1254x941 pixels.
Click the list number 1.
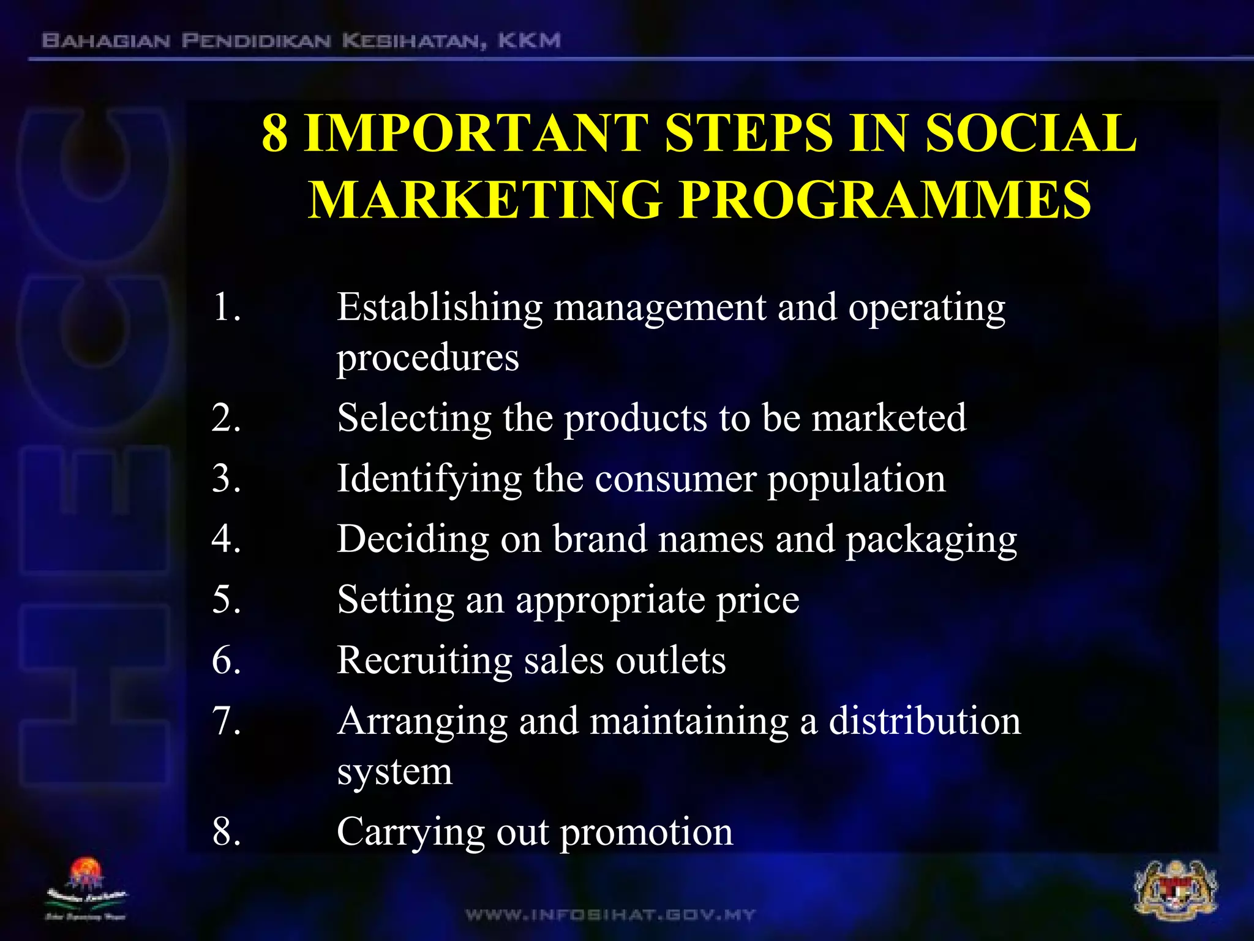(x=226, y=307)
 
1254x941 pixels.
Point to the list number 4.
(x=226, y=539)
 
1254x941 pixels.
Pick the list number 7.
(x=226, y=720)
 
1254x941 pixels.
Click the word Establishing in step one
(x=440, y=308)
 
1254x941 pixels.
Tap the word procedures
(x=427, y=358)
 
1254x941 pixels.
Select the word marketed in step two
(x=889, y=418)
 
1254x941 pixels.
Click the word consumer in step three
(x=675, y=478)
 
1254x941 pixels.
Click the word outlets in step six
(x=670, y=660)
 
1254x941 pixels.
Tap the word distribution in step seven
(x=925, y=720)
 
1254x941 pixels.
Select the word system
(x=395, y=772)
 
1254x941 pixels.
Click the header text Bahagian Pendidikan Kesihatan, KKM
(x=301, y=42)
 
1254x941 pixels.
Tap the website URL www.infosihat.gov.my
(x=610, y=915)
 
